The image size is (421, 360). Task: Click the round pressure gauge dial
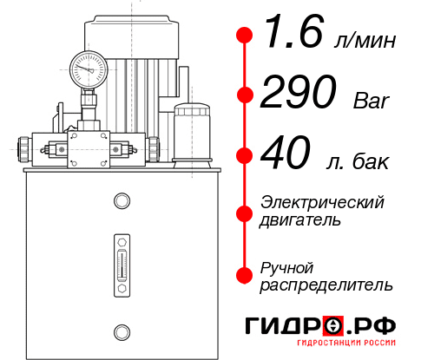tap(87, 67)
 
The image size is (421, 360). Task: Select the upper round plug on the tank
tap(121, 201)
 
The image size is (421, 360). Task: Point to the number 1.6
tap(290, 36)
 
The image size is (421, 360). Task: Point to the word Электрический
tap(322, 202)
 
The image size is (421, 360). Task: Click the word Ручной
tap(286, 266)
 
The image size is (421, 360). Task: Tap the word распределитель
tap(326, 285)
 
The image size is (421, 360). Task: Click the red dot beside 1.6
tap(245, 36)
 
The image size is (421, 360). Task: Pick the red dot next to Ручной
tap(245, 275)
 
